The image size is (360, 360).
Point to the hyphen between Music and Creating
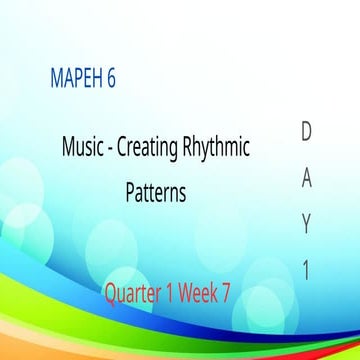click(x=110, y=150)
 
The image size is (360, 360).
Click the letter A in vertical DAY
click(x=307, y=180)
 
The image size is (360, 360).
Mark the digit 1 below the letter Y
click(x=307, y=270)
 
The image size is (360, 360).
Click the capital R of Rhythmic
click(x=187, y=149)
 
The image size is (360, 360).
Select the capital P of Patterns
click(x=130, y=192)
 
